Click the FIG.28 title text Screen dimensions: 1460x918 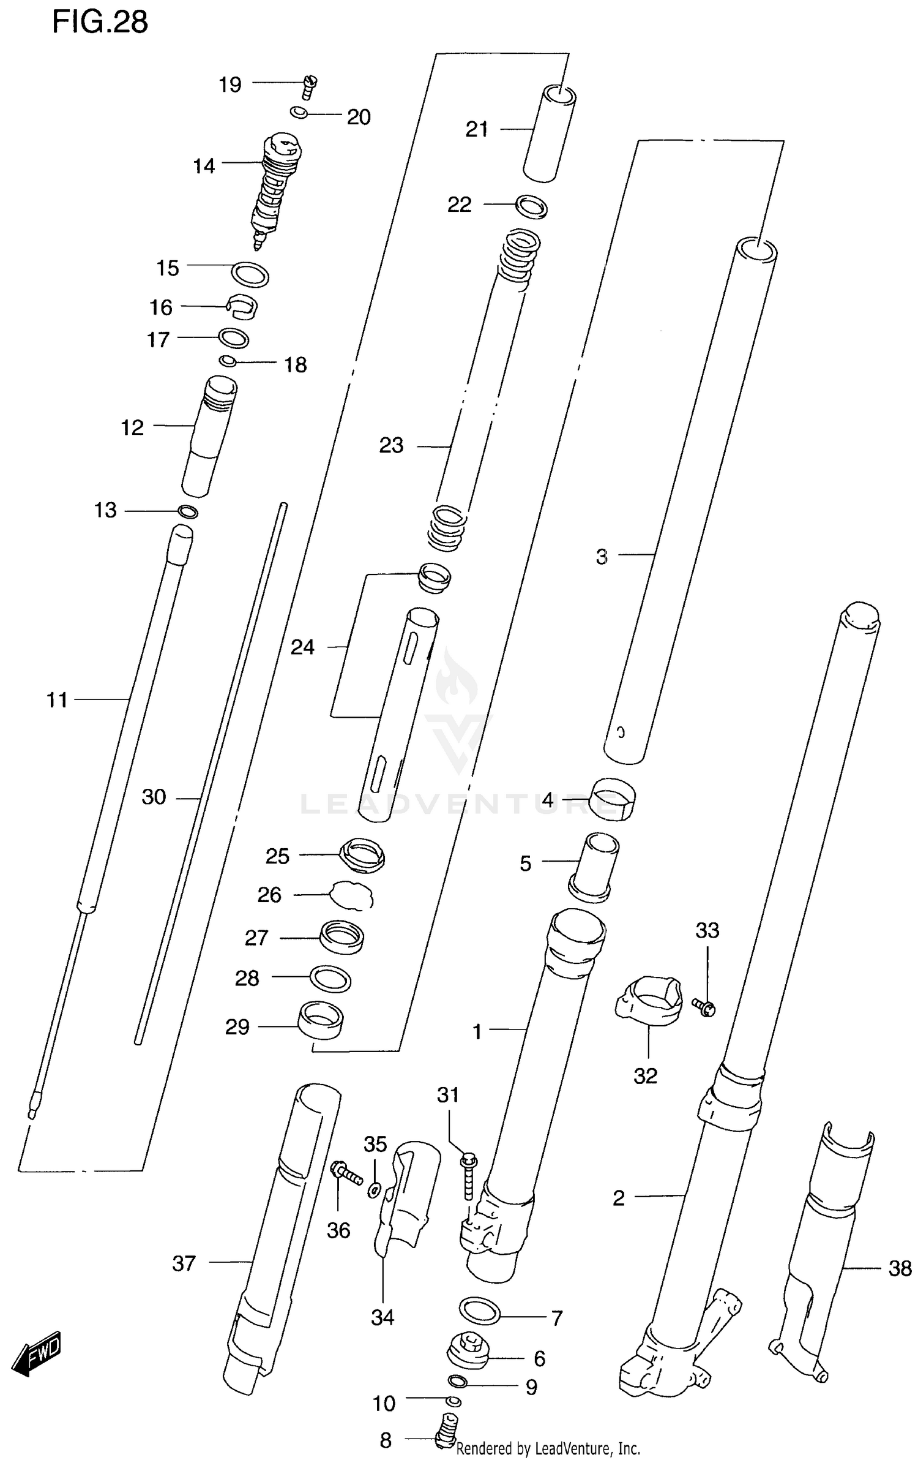(x=100, y=23)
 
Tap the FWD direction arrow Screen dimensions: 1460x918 (x=38, y=1352)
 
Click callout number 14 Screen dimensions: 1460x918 (x=204, y=166)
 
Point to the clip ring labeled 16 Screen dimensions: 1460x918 (x=242, y=306)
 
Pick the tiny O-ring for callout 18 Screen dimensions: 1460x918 (x=228, y=361)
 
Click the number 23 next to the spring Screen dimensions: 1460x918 (x=391, y=445)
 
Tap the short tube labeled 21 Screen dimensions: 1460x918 (x=549, y=134)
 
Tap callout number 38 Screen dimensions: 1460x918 (x=900, y=1268)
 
